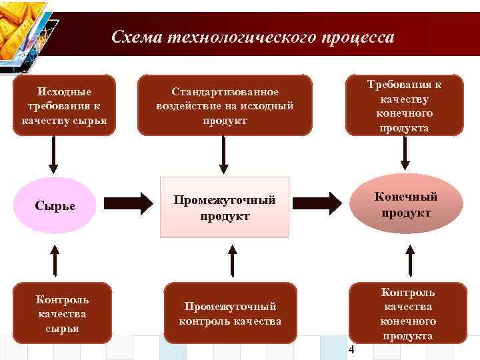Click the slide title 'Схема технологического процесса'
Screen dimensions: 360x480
(253, 37)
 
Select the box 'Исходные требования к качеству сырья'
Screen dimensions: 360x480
(65, 105)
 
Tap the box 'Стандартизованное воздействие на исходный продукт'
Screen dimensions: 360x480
(224, 105)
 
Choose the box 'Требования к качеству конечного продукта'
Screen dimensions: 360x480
(405, 105)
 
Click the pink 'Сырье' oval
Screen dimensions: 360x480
(55, 205)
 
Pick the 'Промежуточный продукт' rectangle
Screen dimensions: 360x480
(224, 207)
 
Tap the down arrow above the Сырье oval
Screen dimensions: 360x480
(54, 157)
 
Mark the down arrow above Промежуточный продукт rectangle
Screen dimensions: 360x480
(224, 158)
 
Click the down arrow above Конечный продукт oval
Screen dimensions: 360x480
(404, 158)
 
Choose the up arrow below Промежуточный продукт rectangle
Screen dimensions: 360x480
(231, 259)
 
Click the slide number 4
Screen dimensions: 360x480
(353, 351)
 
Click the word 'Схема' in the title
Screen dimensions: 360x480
(136, 37)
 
